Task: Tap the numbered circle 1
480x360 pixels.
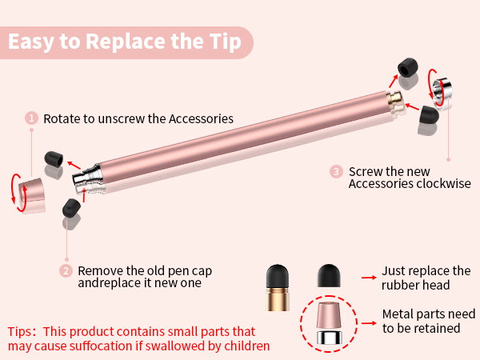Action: [32, 118]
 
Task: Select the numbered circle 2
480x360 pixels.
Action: [66, 270]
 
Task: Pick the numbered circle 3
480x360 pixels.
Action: [336, 171]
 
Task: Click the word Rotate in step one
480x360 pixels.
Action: [61, 118]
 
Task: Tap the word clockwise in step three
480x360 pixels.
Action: [443, 184]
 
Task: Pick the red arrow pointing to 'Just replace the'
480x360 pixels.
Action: [369, 277]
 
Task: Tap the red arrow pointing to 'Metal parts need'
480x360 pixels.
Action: [369, 322]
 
